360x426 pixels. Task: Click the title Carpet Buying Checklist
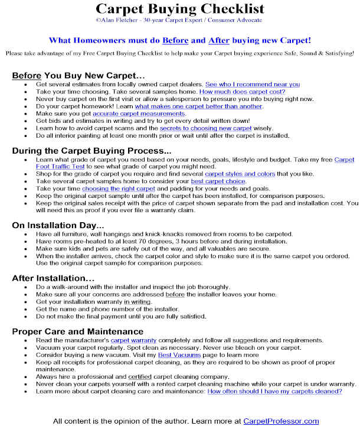tap(180, 8)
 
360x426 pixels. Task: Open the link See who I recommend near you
tap(252, 84)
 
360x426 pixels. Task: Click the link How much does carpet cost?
tap(242, 92)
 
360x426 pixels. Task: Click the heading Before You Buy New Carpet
tap(78, 76)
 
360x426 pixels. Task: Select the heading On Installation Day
tap(58, 225)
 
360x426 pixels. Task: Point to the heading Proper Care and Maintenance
tap(77, 331)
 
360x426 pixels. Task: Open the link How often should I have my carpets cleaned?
tap(274, 391)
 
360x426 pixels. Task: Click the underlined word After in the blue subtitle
tap(220, 41)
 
